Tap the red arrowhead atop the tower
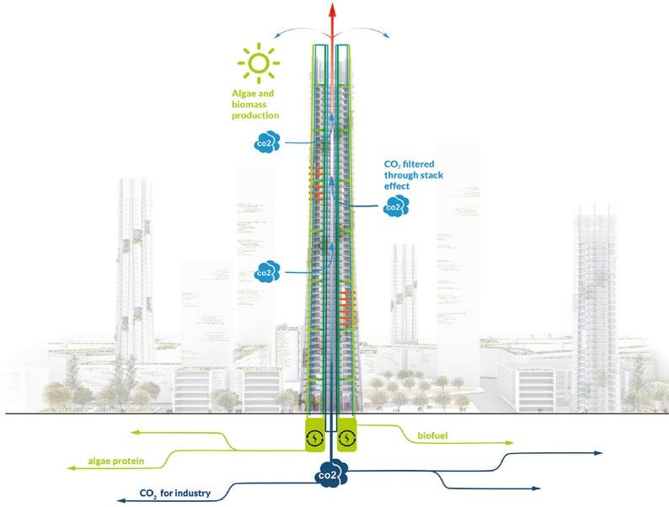tap(334, 11)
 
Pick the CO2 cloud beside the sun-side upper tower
tap(264, 144)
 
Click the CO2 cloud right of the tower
tap(393, 205)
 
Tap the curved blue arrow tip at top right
tap(389, 37)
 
